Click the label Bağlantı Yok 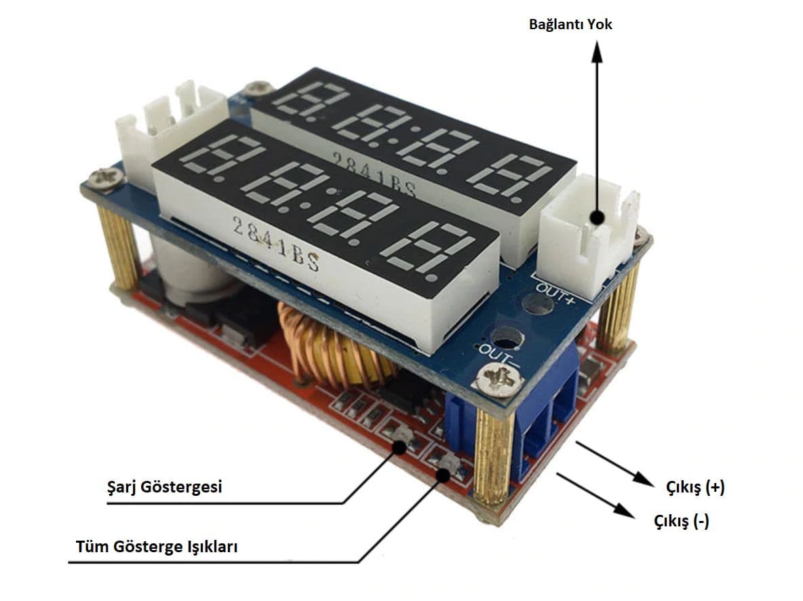click(x=570, y=24)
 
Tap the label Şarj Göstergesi click(x=165, y=487)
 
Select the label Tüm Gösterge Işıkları click(x=157, y=547)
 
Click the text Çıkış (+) click(x=696, y=487)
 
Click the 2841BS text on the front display click(x=275, y=245)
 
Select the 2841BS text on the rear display click(x=374, y=174)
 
